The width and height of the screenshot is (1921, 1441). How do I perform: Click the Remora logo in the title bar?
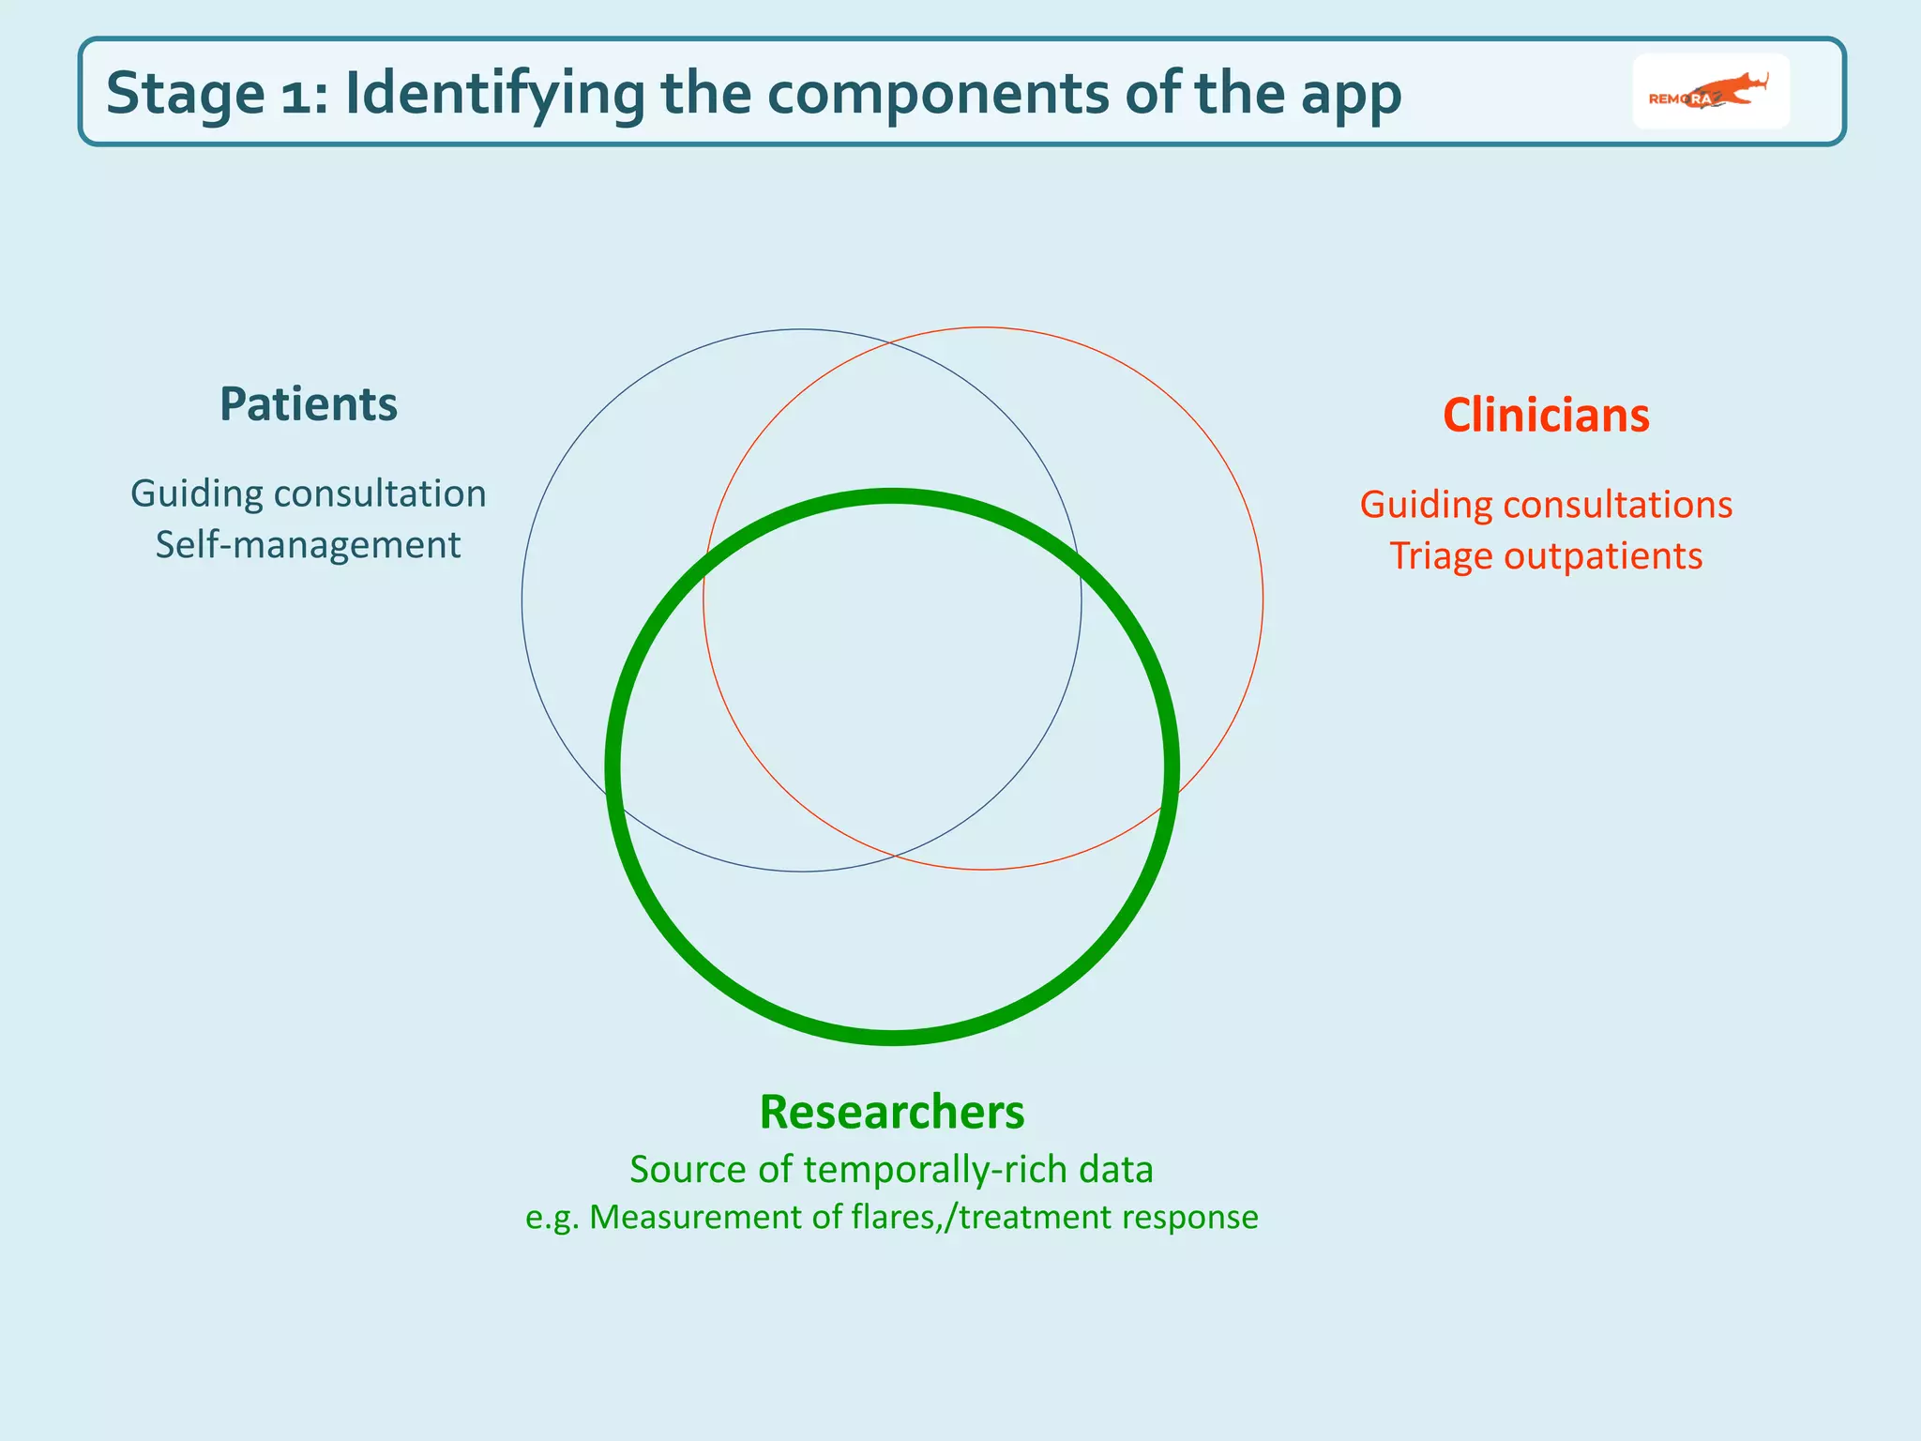[x=1710, y=92]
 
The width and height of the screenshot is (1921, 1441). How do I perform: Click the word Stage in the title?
[x=185, y=94]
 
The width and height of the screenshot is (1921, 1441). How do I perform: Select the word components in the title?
[x=939, y=96]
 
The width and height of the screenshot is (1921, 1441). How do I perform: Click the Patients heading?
[x=308, y=404]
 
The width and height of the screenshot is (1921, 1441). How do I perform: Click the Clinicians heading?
[x=1546, y=416]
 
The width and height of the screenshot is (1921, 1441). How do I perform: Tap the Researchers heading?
[x=891, y=1112]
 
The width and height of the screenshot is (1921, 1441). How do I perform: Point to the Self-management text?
[x=308, y=545]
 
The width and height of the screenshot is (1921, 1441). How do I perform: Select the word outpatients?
[x=1603, y=556]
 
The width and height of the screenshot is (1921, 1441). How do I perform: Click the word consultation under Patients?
[x=379, y=494]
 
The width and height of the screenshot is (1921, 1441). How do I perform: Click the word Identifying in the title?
[x=494, y=96]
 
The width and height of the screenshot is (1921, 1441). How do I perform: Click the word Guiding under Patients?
[x=196, y=494]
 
